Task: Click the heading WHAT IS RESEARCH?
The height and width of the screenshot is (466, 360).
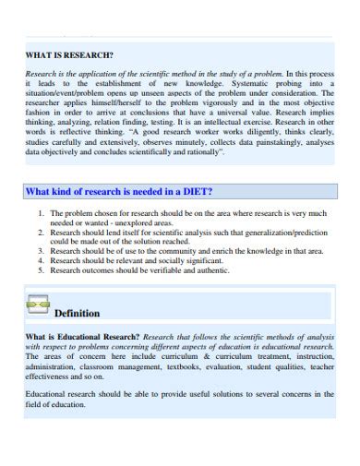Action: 69,55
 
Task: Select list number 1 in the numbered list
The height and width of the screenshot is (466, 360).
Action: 41,212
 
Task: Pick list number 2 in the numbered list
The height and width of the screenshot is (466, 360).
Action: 41,231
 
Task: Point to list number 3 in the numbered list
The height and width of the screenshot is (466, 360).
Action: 41,250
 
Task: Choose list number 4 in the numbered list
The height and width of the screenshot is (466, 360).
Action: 41,260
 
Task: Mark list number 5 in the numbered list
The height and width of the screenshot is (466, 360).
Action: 41,270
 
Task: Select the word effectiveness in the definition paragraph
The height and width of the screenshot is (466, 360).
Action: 51,376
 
